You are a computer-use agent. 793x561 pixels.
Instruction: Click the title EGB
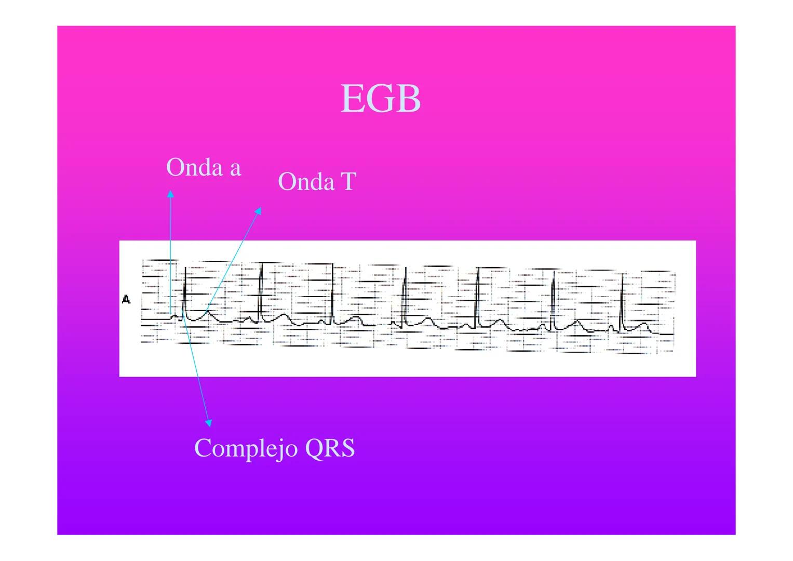tap(380, 99)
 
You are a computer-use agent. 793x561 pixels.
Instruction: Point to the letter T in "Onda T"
tap(347, 182)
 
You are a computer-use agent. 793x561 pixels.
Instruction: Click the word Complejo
tap(246, 448)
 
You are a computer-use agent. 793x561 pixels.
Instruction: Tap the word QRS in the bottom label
tap(330, 448)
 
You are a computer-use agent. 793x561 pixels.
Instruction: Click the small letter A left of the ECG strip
tap(126, 300)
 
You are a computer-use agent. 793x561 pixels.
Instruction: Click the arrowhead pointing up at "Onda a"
tap(170, 194)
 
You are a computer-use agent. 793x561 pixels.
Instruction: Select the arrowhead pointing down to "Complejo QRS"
tap(208, 423)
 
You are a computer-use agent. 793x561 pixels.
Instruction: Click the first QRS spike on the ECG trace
tap(184, 291)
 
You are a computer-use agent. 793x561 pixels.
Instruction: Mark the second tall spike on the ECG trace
tap(260, 291)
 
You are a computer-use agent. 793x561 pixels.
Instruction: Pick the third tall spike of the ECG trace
tap(332, 291)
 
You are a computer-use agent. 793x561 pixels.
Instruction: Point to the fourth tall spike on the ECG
tap(405, 293)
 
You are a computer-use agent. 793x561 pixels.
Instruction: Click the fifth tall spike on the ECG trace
tap(477, 293)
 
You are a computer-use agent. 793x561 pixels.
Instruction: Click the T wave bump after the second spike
tap(283, 315)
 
